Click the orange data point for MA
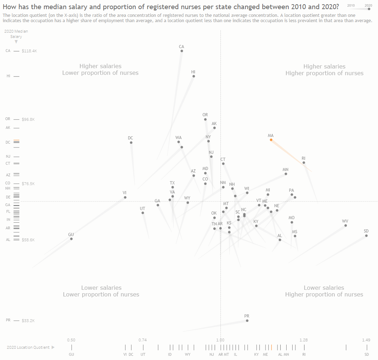click(x=271, y=140)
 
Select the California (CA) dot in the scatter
click(x=181, y=51)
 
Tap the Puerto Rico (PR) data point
click(x=247, y=321)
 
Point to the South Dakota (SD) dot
click(x=366, y=236)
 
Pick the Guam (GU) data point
click(x=71, y=239)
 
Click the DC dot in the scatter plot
click(x=131, y=143)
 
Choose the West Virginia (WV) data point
click(x=345, y=225)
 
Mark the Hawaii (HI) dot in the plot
click(x=193, y=76)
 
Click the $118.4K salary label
click(x=29, y=51)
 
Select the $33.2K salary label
click(x=28, y=321)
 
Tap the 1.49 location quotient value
click(x=366, y=340)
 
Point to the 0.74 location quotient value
click(x=142, y=340)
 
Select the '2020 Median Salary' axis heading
click(x=16, y=34)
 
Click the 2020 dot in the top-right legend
click(x=369, y=9)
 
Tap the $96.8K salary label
click(x=28, y=119)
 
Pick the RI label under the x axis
click(x=304, y=354)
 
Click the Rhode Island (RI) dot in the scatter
click(x=304, y=163)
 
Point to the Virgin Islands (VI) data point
click(x=125, y=197)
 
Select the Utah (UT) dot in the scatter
click(x=142, y=213)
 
